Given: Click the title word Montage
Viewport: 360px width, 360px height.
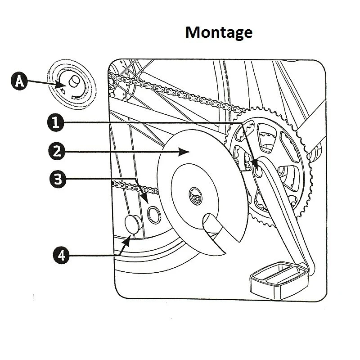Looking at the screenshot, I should click(219, 33).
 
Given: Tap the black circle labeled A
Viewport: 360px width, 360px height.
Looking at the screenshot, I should click(18, 81).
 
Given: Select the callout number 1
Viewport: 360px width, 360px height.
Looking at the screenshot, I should click(54, 122).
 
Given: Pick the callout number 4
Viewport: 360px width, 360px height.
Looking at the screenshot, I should click(60, 255).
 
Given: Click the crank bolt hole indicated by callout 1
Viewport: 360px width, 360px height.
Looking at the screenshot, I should click(258, 171).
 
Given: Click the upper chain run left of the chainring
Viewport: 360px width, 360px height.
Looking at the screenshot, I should click(180, 94).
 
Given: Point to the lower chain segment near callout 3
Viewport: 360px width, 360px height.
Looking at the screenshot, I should click(130, 185).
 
